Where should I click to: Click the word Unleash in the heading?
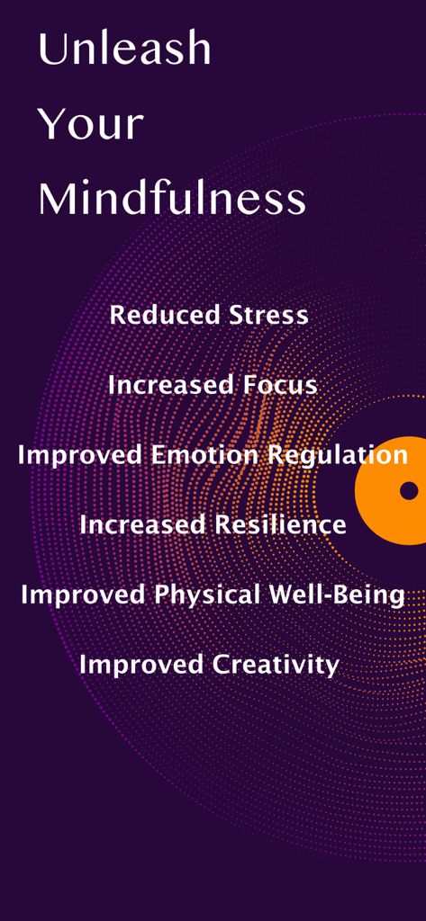point(124,49)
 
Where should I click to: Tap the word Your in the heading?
point(90,124)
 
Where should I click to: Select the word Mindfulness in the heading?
point(171,199)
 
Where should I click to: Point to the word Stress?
point(268,316)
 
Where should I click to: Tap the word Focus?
point(280,385)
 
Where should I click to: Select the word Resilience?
point(280,524)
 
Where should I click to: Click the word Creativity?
point(276,665)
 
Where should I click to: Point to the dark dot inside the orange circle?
point(409,490)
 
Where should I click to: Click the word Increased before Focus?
point(171,385)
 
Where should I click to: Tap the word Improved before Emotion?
point(79,455)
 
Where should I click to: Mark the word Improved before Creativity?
point(140,665)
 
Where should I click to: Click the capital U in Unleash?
point(50,49)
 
